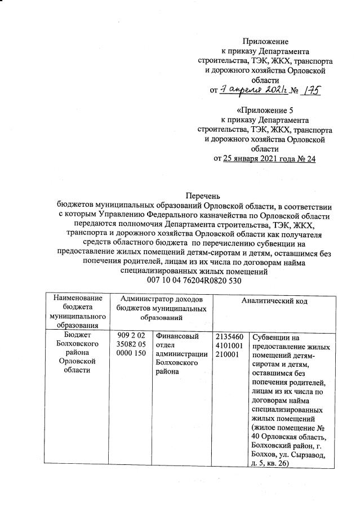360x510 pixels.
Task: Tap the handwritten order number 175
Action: [x=309, y=89]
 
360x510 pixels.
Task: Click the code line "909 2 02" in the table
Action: [x=131, y=336]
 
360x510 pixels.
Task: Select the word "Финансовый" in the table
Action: [x=176, y=336]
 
